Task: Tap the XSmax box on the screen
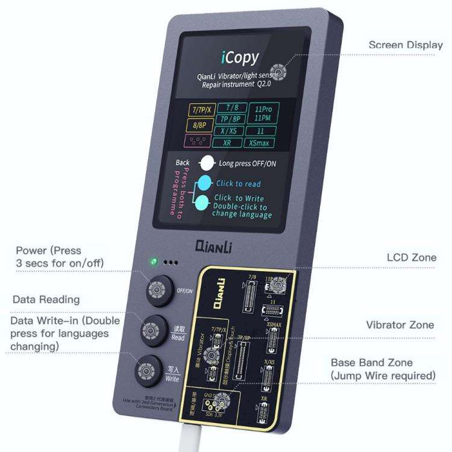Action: click(261, 143)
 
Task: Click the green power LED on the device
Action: click(154, 262)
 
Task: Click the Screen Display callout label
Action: click(405, 45)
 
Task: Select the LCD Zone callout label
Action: click(410, 258)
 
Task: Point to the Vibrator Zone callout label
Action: click(400, 325)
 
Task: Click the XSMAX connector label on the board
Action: click(274, 325)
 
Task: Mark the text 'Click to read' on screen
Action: click(239, 184)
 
